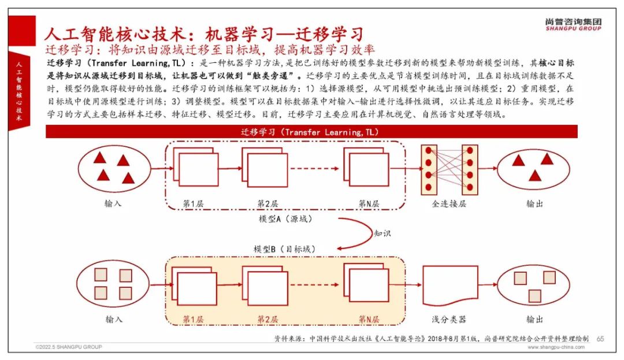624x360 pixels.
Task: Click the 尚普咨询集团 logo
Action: (573, 24)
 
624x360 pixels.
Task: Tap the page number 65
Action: (600, 338)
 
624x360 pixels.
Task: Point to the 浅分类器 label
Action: (449, 319)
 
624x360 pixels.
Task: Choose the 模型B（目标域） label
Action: (284, 248)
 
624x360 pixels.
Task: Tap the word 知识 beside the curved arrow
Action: (382, 234)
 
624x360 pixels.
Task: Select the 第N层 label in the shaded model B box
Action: (369, 319)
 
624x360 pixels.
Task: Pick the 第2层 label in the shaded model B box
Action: (268, 319)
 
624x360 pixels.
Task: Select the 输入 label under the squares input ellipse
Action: (114, 319)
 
